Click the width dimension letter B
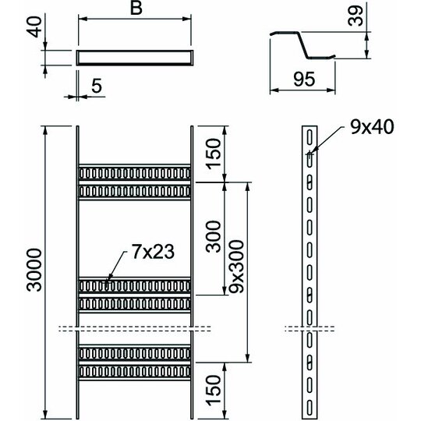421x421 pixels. (136, 8)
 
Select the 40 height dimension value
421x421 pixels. (34, 27)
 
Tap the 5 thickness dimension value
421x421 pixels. (97, 86)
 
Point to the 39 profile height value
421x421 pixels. (356, 16)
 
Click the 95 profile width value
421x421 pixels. (304, 80)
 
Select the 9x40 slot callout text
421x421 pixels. (372, 127)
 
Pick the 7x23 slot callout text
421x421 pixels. (153, 252)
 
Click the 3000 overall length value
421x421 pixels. (34, 270)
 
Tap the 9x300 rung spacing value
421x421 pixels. (236, 266)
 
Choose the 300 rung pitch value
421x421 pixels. (213, 236)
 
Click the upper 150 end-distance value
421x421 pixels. (213, 154)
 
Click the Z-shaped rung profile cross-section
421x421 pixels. (302, 44)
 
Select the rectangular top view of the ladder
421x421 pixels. (135, 58)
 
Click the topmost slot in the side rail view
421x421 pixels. (310, 137)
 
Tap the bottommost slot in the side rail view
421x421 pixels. (310, 408)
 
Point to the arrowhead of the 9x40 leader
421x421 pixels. (311, 154)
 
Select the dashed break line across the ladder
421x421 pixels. (135, 329)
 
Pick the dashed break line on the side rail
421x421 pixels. (310, 329)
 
